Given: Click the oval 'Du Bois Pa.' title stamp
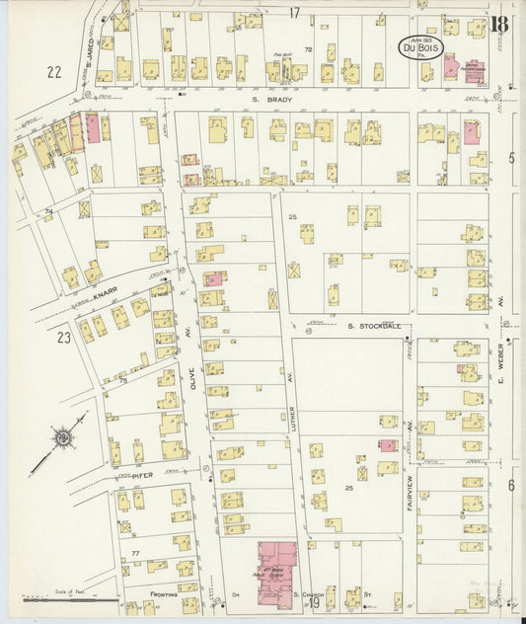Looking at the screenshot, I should point(420,45).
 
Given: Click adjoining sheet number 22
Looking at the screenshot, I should point(53,71).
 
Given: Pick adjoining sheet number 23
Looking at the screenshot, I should point(65,338).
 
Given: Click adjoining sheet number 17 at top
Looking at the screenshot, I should point(293,12).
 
